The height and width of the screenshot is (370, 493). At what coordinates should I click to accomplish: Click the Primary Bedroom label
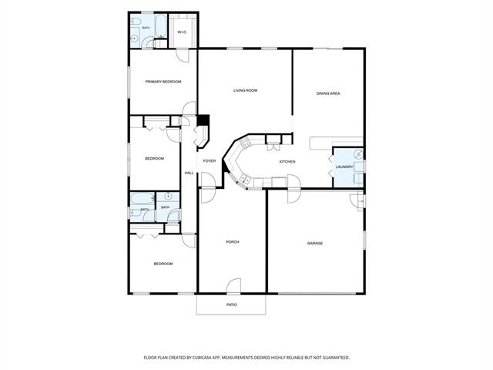click(163, 82)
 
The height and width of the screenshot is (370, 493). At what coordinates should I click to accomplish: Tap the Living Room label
click(245, 91)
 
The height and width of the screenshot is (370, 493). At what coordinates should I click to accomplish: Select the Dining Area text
click(328, 93)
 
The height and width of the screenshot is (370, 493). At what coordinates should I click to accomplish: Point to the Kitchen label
click(287, 162)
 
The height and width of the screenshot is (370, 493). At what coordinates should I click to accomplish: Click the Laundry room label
click(344, 166)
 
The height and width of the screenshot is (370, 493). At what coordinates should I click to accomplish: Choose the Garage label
click(315, 244)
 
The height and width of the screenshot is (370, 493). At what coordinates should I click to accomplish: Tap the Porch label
click(233, 242)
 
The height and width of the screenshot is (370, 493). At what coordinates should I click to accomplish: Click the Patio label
click(232, 305)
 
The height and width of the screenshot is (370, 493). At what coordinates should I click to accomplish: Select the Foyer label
click(209, 161)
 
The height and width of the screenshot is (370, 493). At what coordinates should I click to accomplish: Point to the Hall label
click(189, 173)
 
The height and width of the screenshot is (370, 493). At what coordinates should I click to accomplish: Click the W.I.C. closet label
click(183, 32)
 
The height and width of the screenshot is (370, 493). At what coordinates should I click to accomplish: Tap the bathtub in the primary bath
click(161, 25)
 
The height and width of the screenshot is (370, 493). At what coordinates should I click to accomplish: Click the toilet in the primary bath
click(136, 22)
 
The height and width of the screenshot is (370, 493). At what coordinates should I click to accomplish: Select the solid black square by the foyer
click(203, 120)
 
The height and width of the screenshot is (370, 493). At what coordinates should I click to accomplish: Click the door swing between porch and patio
click(234, 285)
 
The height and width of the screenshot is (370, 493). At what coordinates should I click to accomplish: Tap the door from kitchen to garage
click(294, 189)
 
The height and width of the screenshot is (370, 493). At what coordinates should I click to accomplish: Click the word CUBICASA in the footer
click(203, 358)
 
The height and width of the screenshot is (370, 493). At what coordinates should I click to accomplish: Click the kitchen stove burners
click(245, 143)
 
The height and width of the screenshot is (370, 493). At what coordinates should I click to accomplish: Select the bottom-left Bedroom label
click(163, 264)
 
